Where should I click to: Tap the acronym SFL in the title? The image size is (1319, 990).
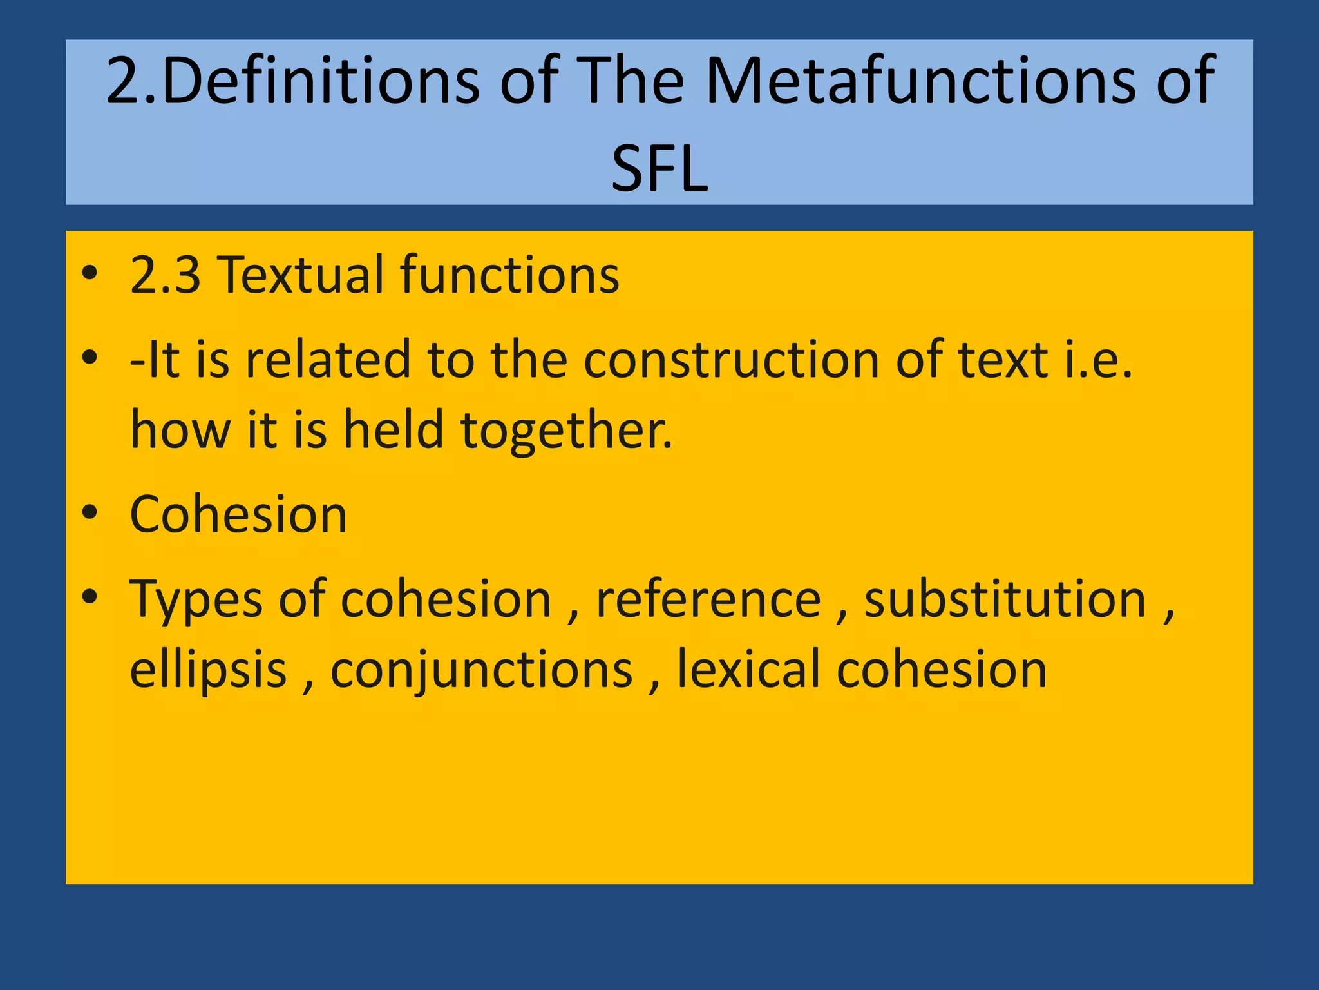tap(659, 169)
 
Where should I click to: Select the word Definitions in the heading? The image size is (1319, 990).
tap(321, 82)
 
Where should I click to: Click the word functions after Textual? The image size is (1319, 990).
tap(509, 275)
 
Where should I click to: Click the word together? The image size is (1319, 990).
tap(566, 431)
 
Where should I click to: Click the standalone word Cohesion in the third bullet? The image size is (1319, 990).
tap(238, 515)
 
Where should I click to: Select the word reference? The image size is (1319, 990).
tap(708, 600)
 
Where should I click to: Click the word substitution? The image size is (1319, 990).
tap(1005, 600)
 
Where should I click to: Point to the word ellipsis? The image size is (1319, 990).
tap(208, 670)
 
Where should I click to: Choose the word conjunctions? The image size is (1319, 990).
tap(482, 670)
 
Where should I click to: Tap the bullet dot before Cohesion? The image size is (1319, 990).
tap(90, 514)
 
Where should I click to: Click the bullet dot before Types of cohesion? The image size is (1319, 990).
tap(90, 597)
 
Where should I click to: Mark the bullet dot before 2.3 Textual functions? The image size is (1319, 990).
tap(90, 273)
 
